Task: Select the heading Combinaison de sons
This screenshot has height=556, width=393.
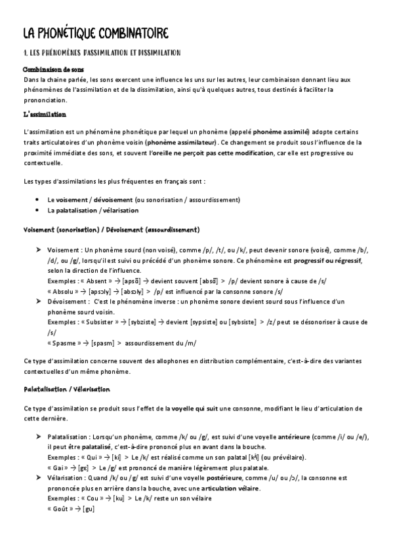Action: pos(55,69)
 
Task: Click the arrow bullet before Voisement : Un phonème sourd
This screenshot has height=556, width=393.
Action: pos(40,250)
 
